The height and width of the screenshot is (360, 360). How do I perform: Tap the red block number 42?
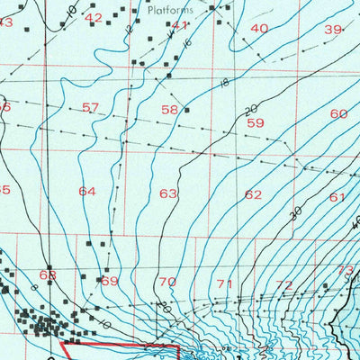(94, 18)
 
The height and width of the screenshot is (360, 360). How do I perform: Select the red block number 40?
(259, 29)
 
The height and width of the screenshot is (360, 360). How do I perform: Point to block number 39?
(333, 30)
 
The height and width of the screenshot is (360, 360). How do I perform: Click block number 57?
(90, 108)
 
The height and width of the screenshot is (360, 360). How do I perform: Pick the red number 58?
(169, 110)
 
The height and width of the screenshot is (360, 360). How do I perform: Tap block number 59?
(256, 122)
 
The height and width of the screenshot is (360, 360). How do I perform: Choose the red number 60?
(338, 114)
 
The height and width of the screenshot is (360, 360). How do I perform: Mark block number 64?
(87, 192)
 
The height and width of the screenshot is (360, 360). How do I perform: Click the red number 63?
(168, 193)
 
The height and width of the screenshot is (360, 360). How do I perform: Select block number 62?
(254, 194)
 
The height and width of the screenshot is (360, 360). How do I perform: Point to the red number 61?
(337, 197)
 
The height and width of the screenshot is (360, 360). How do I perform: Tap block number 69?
(109, 282)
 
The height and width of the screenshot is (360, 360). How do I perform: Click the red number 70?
(167, 283)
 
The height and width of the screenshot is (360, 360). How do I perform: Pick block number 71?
(225, 284)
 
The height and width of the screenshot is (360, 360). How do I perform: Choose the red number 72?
(284, 285)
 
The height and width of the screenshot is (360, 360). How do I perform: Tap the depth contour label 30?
(294, 213)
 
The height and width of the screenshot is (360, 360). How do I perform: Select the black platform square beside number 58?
(186, 110)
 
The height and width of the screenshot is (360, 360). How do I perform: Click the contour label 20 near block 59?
(250, 109)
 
